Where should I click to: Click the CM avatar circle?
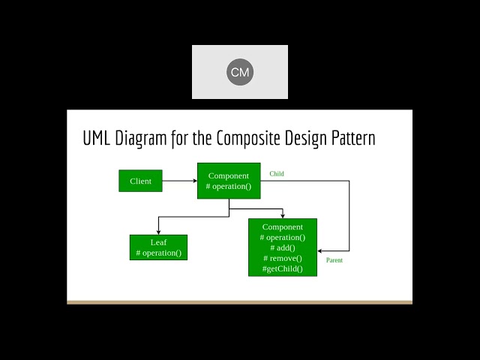(x=240, y=72)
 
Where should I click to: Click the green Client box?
(x=140, y=181)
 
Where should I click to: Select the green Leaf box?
(x=158, y=247)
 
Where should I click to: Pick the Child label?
(x=277, y=174)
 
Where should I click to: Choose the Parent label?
(x=334, y=260)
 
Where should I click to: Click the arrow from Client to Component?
(x=179, y=181)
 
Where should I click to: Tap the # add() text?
(x=283, y=247)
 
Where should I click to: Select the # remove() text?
(x=283, y=258)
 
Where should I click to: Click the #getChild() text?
(x=283, y=268)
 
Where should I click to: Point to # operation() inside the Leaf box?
(x=158, y=253)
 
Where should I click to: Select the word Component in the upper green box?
(x=229, y=175)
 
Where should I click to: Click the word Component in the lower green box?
(x=283, y=226)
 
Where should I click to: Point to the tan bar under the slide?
(x=240, y=302)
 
